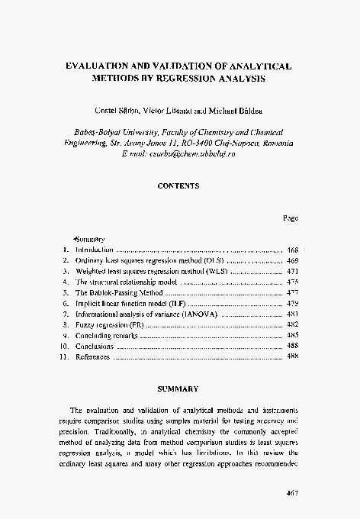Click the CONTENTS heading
[178, 185]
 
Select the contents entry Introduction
[95, 250]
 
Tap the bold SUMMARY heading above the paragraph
[178, 388]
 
